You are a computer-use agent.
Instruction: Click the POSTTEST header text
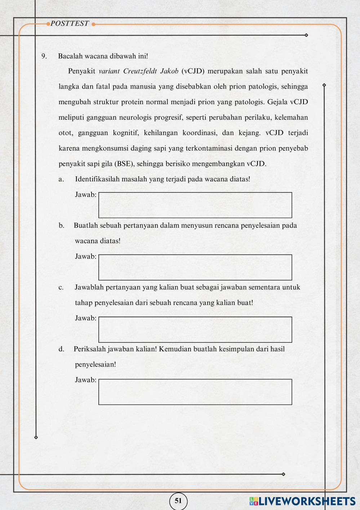point(70,24)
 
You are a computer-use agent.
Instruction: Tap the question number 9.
point(44,56)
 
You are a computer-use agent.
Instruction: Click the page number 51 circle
point(178,501)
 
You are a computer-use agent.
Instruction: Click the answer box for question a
point(195,205)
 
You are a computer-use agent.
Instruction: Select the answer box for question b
point(195,267)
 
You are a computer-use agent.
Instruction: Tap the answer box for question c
point(195,329)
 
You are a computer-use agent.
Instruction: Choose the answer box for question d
point(195,392)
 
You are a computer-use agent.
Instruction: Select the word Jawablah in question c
point(89,288)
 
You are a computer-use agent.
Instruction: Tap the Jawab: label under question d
point(85,380)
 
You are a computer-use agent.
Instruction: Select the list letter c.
point(61,288)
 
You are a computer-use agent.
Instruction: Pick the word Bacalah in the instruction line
point(70,56)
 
